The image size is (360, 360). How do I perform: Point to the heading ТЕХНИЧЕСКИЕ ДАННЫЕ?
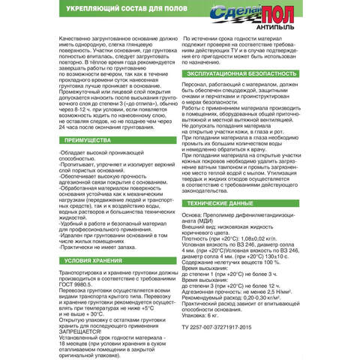pos(225,203)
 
